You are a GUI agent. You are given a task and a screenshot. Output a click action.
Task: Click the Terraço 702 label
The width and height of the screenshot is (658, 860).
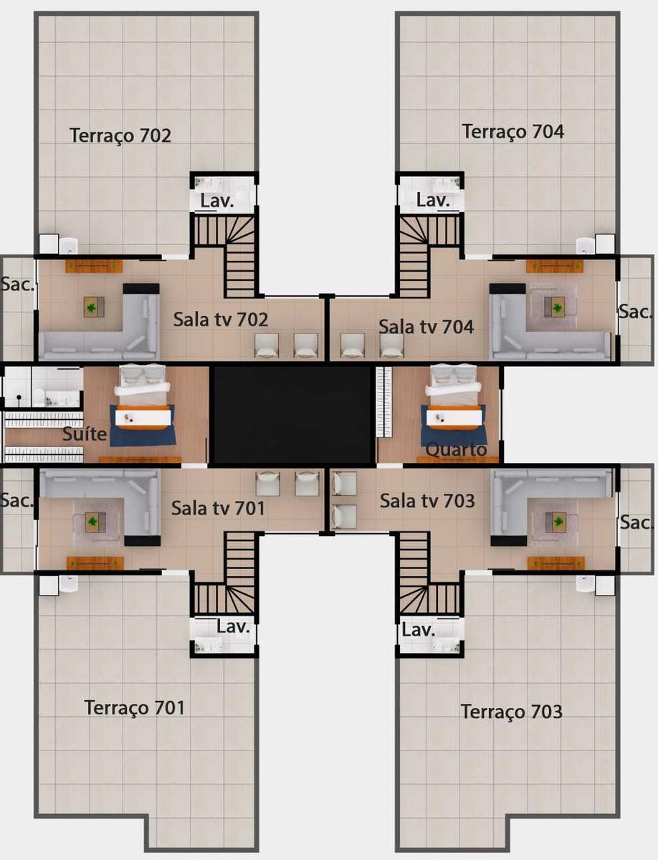120,135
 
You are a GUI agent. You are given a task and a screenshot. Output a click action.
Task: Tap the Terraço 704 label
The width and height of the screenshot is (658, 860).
512,131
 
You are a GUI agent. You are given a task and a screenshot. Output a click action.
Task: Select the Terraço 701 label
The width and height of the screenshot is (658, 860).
135,707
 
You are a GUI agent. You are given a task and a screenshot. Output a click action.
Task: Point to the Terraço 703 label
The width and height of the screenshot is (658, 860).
511,712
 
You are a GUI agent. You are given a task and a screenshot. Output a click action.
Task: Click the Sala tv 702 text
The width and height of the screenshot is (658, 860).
220,319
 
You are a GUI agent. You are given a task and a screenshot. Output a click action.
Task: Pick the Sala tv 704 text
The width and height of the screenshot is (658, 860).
426,327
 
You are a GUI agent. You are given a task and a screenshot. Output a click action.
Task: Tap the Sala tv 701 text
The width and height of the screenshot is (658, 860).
218,508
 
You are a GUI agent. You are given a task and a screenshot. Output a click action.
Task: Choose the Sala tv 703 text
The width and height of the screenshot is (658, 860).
427,501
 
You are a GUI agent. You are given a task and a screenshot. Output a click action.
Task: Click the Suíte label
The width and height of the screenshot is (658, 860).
85,434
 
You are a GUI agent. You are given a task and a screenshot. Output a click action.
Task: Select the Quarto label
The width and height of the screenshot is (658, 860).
456,450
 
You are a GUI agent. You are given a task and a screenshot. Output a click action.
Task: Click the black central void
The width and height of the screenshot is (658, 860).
292,415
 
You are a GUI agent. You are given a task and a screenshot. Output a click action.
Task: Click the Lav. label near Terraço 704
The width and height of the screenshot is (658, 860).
434,200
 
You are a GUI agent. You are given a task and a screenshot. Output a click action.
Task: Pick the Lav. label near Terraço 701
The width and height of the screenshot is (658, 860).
234,627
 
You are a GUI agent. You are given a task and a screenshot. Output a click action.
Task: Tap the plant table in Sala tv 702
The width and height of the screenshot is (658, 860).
93,307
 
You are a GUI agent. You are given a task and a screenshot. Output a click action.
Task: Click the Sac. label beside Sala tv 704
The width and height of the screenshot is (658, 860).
636,312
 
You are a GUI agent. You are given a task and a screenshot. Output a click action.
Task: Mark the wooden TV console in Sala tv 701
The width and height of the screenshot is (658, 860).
95,563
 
